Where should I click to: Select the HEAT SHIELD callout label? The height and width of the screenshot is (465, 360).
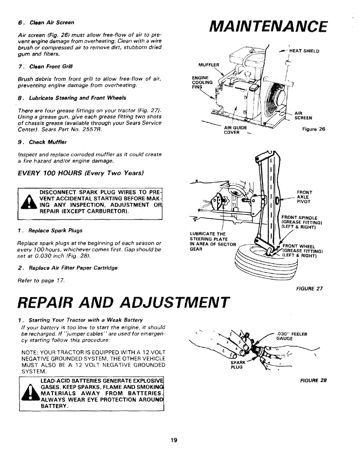click(x=305, y=51)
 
